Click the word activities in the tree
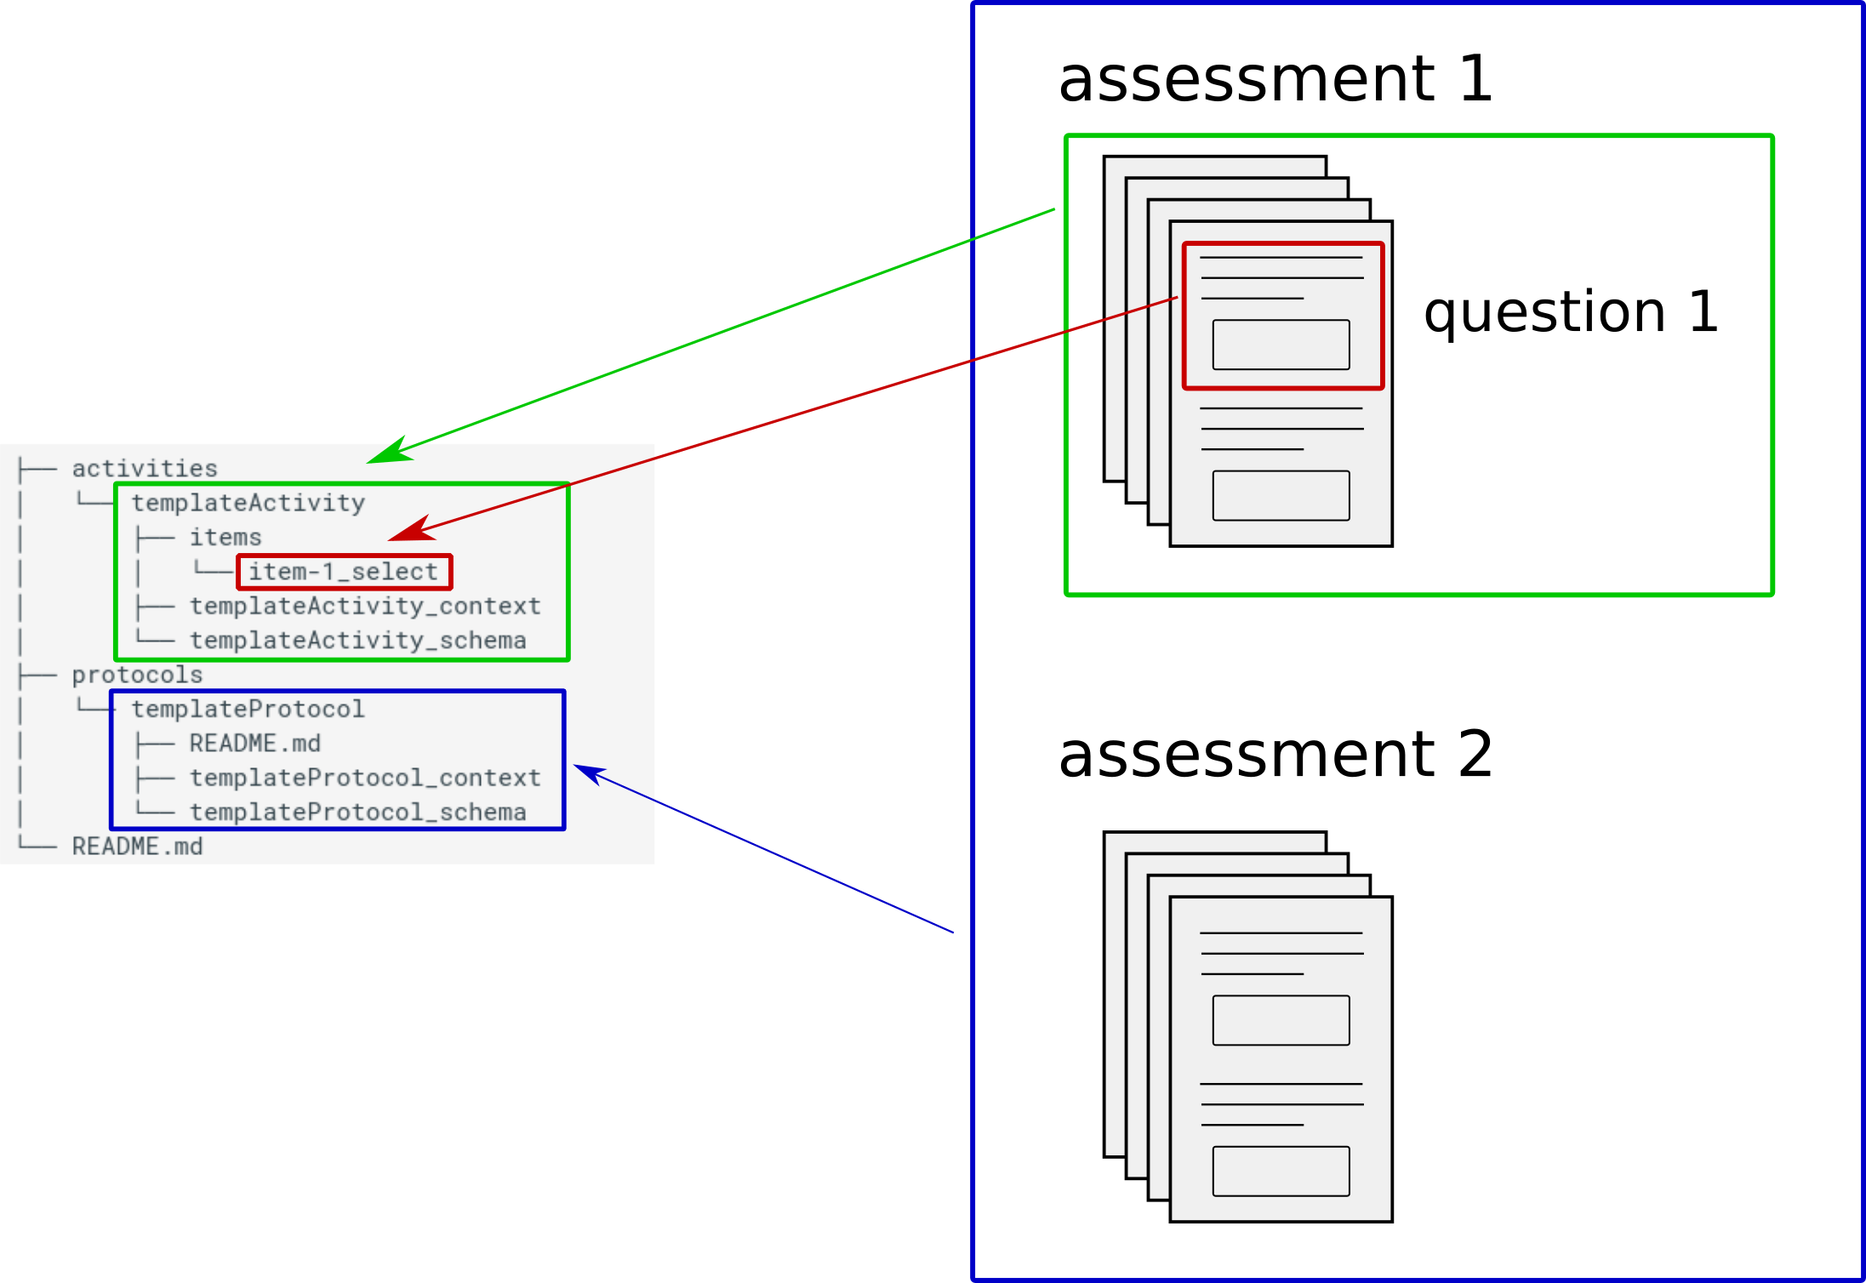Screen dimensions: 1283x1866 pos(145,469)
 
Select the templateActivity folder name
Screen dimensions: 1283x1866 pos(248,503)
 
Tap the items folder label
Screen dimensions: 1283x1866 pos(225,538)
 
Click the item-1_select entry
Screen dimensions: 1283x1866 pos(343,572)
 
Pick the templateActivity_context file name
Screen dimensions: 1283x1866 pos(365,606)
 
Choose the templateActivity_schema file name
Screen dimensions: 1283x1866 pos(357,641)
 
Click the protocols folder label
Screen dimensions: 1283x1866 pos(137,675)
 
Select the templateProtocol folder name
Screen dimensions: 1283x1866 pos(248,709)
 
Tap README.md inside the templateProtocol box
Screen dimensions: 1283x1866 pos(254,744)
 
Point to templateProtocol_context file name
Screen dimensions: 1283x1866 pos(365,778)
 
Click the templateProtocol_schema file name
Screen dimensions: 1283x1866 pos(357,813)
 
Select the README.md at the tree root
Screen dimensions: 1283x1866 pos(137,847)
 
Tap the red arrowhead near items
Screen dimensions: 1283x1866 pos(410,531)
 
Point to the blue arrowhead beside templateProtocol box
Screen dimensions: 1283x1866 pos(589,773)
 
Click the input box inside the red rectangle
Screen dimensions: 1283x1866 pos(1281,345)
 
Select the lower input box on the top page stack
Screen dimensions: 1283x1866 pos(1281,495)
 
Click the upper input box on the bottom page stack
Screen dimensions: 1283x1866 pos(1281,1020)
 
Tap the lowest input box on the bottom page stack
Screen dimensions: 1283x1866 pos(1281,1171)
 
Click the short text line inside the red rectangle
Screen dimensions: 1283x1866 pos(1252,299)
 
